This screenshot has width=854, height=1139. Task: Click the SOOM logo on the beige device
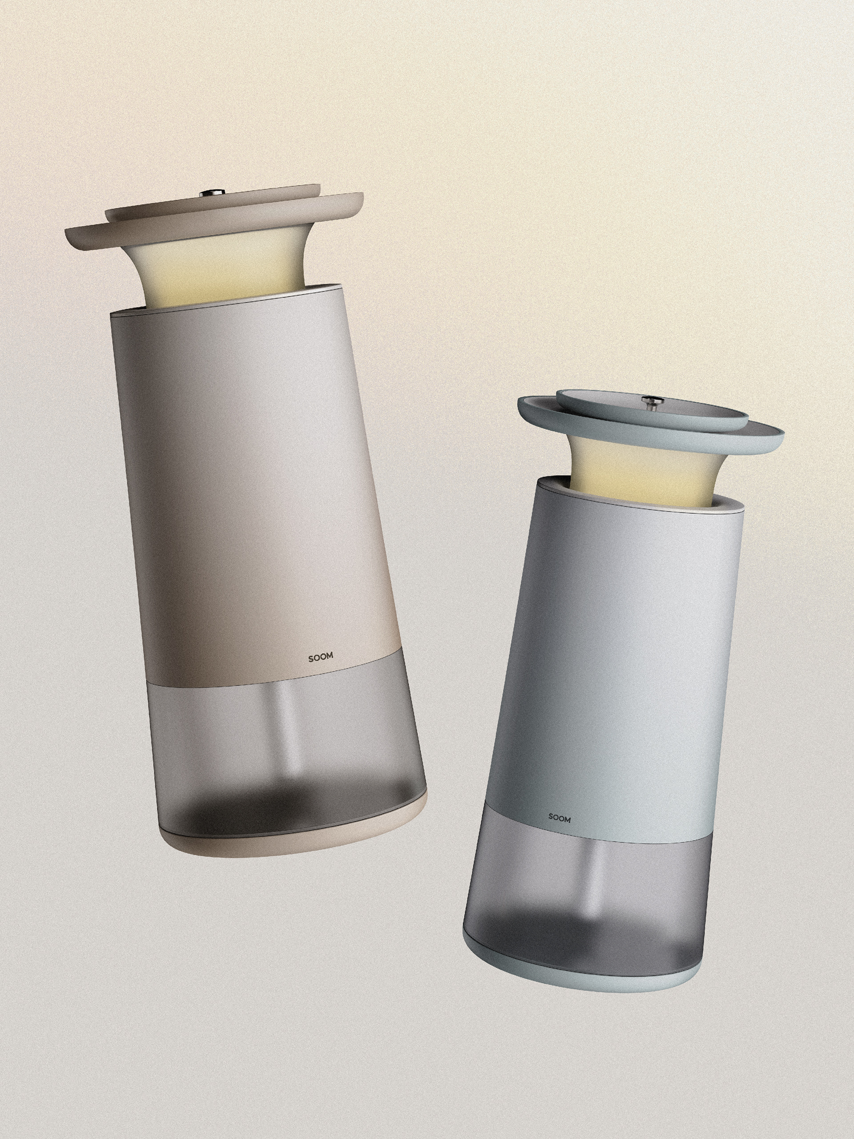[320, 657]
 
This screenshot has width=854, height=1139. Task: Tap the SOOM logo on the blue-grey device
[559, 818]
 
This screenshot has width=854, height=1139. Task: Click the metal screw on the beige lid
[211, 194]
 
